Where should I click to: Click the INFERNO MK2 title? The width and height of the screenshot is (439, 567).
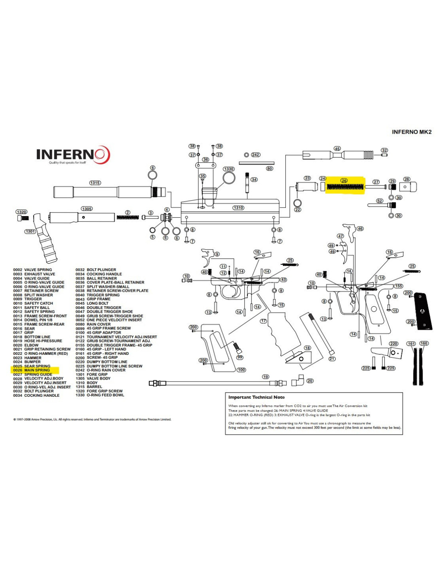point(411,132)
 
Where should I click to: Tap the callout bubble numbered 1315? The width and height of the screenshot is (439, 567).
point(95,183)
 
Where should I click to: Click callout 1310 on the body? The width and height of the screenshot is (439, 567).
point(238,208)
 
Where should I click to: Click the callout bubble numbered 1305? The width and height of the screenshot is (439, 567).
point(87,209)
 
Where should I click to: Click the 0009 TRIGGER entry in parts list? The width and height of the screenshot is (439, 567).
point(33,299)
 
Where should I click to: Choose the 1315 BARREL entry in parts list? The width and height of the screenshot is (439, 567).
point(91,387)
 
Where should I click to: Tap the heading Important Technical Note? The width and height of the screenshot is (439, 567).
point(256,397)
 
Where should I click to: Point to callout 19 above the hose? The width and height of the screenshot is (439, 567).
point(266,377)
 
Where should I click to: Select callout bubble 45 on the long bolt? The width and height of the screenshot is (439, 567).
point(337,149)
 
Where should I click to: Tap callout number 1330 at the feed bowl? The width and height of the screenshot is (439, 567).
point(229,169)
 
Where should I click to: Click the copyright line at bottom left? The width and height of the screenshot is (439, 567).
point(92,419)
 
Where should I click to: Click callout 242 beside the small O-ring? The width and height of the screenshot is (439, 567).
point(255,155)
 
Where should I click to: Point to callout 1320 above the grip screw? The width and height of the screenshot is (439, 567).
point(22,212)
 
